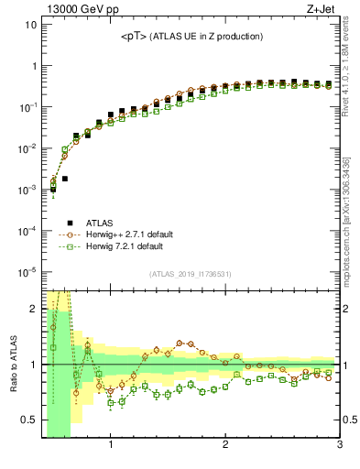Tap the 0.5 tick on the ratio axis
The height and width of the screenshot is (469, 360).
pos(27,420)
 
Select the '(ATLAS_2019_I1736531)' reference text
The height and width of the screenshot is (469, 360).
pos(190,275)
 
